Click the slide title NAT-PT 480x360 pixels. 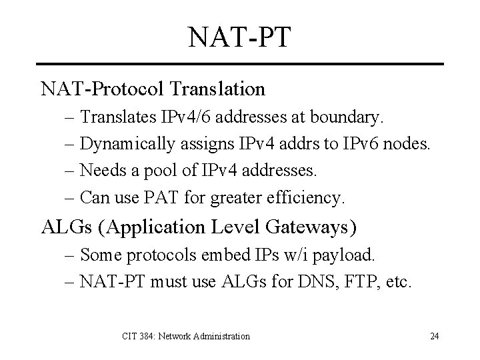(x=240, y=37)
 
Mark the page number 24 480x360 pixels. (x=434, y=336)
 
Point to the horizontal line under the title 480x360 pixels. (x=240, y=64)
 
